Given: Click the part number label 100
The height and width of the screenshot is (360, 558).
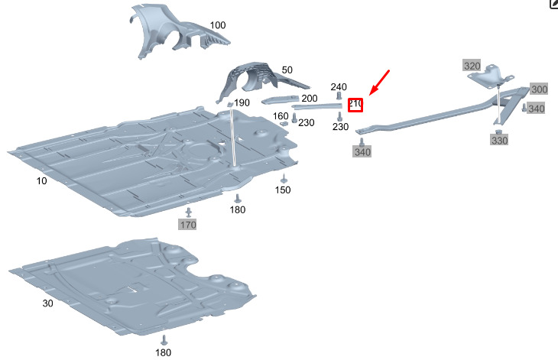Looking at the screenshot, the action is (x=218, y=25).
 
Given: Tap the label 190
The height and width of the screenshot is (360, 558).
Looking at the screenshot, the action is (x=242, y=102).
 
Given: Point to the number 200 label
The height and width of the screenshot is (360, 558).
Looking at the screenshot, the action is (x=310, y=98).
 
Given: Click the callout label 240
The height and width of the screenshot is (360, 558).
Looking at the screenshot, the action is (x=339, y=87).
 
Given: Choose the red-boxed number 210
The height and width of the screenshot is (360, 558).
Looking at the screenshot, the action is (x=355, y=104).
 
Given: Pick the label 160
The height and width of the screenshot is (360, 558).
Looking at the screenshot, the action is (x=281, y=116).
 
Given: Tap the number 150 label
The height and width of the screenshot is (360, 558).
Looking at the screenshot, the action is (x=283, y=190).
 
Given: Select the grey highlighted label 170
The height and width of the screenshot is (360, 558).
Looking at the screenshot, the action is (x=188, y=225).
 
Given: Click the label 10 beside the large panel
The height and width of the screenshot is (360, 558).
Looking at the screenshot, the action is (x=41, y=180).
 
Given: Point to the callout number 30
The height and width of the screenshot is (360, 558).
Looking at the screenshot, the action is (x=48, y=303).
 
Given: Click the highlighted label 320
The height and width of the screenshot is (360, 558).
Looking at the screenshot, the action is (x=472, y=66).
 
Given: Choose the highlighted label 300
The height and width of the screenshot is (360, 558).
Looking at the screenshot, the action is (x=540, y=89).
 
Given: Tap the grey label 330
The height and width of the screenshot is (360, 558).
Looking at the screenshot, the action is (x=499, y=141).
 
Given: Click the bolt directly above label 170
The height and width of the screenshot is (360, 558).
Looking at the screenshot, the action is (x=188, y=211).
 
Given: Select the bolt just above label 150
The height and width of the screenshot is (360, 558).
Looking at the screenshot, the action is (x=283, y=178).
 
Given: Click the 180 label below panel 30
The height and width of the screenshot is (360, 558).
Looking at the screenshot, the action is (x=164, y=352).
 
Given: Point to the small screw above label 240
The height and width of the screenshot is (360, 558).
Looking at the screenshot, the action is (x=339, y=98).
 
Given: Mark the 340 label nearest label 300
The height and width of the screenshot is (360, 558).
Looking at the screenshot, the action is (x=537, y=109).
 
